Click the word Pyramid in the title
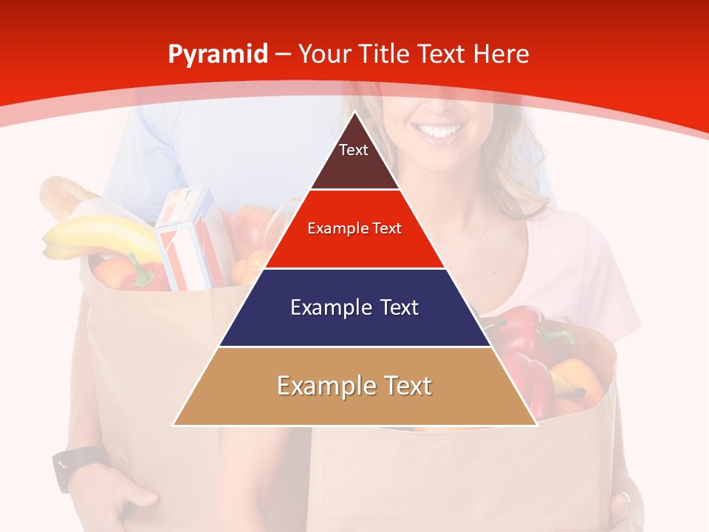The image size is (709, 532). click(x=217, y=55)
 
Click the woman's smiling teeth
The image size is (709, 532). click(x=441, y=132)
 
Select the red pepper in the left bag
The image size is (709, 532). click(x=144, y=276)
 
